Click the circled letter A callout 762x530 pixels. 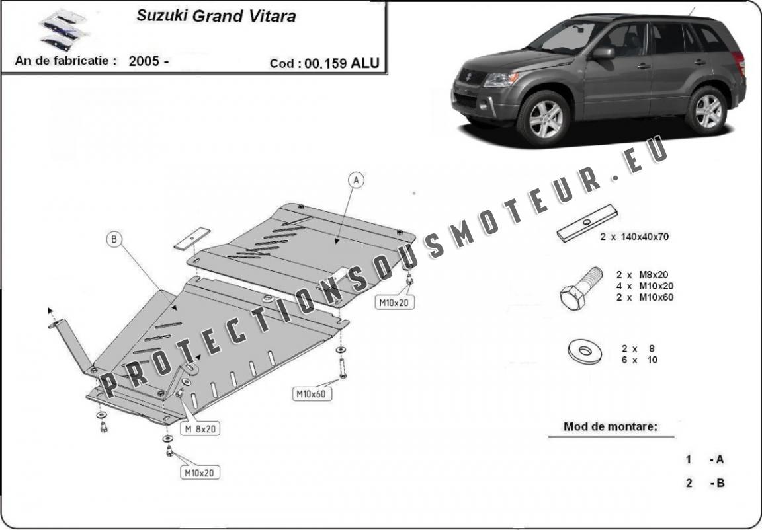pyautogui.click(x=355, y=180)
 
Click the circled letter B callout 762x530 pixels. pyautogui.click(x=114, y=239)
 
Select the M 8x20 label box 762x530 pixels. pyautogui.click(x=200, y=429)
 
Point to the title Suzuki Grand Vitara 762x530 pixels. pyautogui.click(x=216, y=16)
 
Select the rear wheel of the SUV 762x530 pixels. pyautogui.click(x=707, y=110)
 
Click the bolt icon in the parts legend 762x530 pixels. pyautogui.click(x=579, y=287)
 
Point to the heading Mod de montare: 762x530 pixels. pyautogui.click(x=610, y=426)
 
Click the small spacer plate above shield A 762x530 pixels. pyautogui.click(x=192, y=237)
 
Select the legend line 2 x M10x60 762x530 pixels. pyautogui.click(x=644, y=297)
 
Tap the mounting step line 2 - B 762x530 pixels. pyautogui.click(x=706, y=483)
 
